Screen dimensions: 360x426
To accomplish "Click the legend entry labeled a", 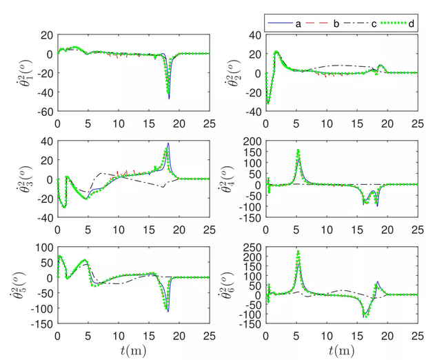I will click(289, 23).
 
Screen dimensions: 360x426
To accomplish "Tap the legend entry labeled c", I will click(364, 23).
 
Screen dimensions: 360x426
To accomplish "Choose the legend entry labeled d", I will click(400, 23).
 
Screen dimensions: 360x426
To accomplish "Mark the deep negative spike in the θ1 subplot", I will click(168, 98).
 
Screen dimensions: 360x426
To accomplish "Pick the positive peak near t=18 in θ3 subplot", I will click(168, 144).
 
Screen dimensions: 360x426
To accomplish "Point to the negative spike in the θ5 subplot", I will click(168, 310).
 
